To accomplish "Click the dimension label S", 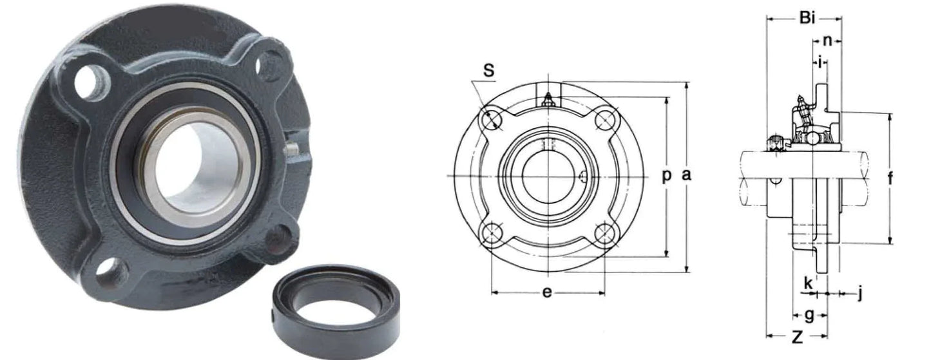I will (x=489, y=71).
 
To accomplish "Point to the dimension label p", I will (x=667, y=175).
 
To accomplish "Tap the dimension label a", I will (x=687, y=175).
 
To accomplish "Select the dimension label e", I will (x=546, y=292).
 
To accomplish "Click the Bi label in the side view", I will (x=807, y=18).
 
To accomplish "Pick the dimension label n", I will (x=827, y=41).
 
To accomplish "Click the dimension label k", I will (x=807, y=282).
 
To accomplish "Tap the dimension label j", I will (x=859, y=294).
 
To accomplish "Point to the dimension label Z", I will (x=796, y=336).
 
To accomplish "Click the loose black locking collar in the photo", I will (x=336, y=307).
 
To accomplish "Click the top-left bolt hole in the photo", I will (x=87, y=82).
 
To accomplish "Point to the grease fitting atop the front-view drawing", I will (x=548, y=99).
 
